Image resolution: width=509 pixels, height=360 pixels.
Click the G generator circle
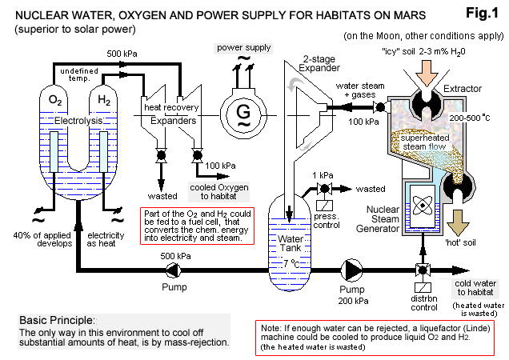[x=242, y=114]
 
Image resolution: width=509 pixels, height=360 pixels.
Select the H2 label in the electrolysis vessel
[x=105, y=100]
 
